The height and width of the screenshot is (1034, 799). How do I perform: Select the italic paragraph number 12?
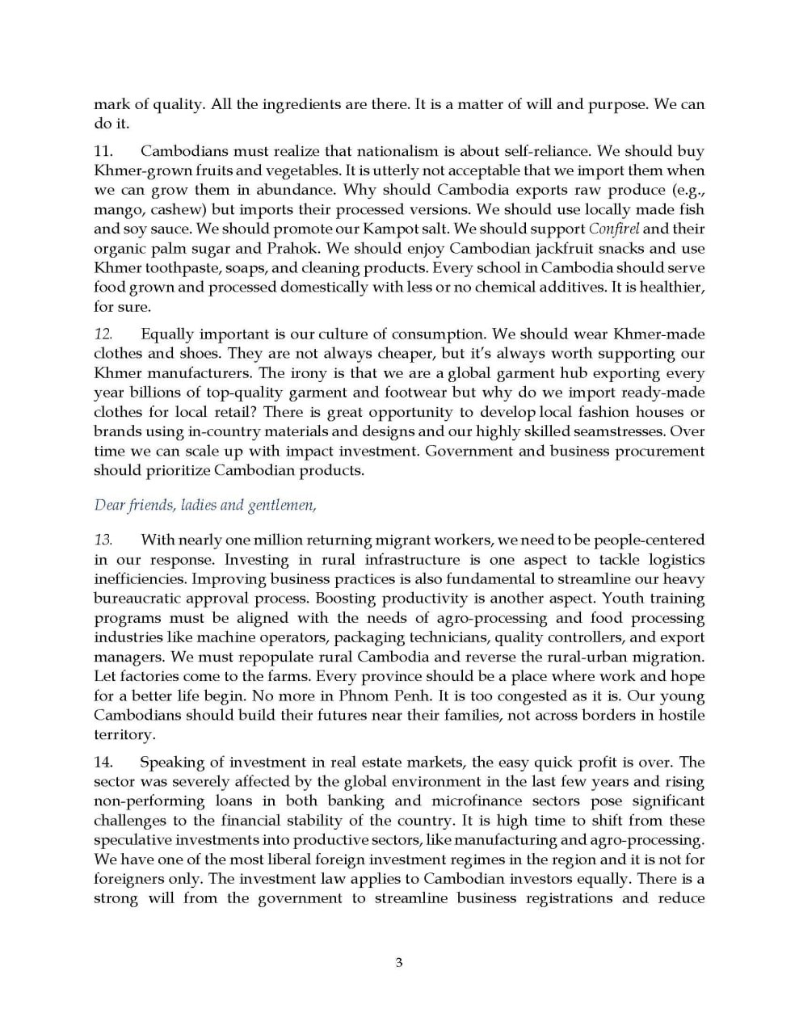pos(103,334)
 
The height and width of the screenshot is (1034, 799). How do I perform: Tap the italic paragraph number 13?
pos(103,540)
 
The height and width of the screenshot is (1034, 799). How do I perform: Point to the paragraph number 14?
pos(103,763)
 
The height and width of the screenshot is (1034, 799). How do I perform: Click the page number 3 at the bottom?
pos(399,962)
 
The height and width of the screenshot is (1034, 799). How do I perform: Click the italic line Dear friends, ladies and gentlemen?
pos(205,506)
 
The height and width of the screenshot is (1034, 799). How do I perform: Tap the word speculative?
pos(139,840)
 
